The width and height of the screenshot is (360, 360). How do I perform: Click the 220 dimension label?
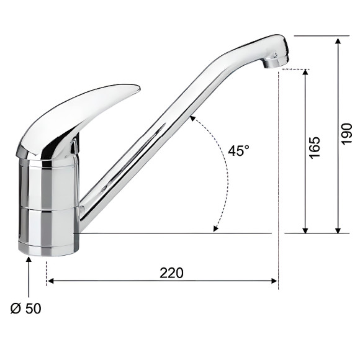pyautogui.click(x=171, y=272)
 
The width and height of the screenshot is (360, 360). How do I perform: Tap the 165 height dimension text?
pyautogui.click(x=315, y=148)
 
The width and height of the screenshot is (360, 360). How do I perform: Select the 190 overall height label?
pyautogui.click(x=347, y=134)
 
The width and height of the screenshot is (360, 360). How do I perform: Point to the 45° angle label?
pyautogui.click(x=238, y=151)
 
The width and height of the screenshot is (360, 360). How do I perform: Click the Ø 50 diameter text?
pyautogui.click(x=25, y=308)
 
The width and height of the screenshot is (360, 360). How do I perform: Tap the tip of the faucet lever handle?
pyautogui.click(x=139, y=88)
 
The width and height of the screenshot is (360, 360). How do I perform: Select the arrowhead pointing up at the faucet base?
pyautogui.click(x=29, y=259)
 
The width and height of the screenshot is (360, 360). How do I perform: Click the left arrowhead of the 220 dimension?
pyautogui.click(x=50, y=281)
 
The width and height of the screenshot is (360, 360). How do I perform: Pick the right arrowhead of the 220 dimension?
pyautogui.click(x=274, y=281)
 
